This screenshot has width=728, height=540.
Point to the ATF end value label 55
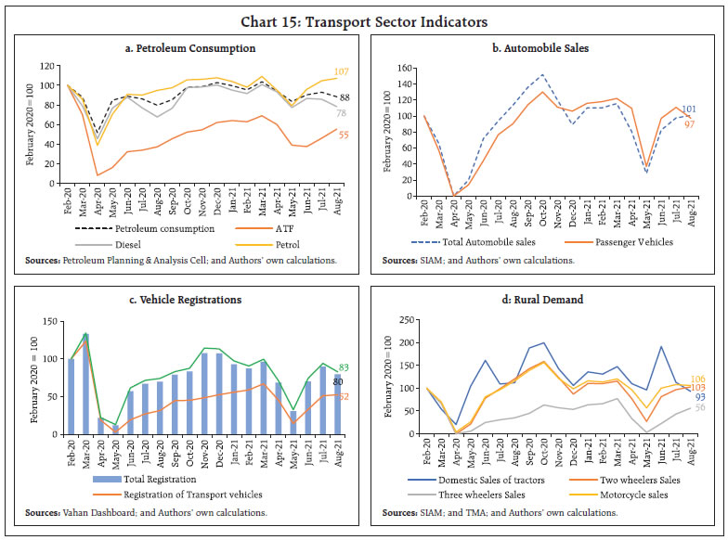pos(342,135)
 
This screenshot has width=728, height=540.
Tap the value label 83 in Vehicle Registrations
pos(344,368)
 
